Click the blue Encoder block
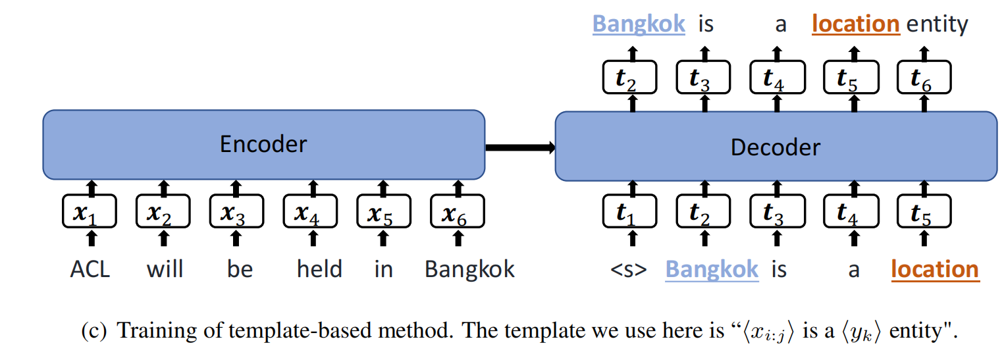263,145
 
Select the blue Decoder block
776,146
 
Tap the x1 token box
89,211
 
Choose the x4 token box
310,211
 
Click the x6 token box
458,211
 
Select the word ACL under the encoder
90,269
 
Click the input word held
319,269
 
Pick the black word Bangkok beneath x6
469,269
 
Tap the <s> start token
629,270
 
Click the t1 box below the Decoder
629,211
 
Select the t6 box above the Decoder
924,78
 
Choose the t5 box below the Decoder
924,211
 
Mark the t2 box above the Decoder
629,78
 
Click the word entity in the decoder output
937,25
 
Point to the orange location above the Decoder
855,24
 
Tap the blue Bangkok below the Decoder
712,270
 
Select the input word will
165,269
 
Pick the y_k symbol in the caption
859,332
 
